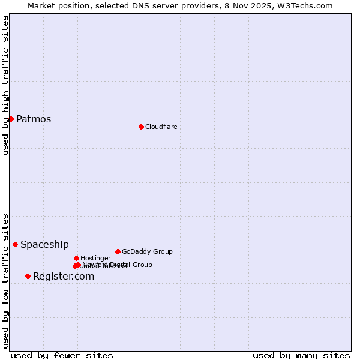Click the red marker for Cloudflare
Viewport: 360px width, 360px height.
tap(141, 127)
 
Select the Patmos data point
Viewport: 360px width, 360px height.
tap(11, 119)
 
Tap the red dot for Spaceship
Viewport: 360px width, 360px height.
tap(15, 244)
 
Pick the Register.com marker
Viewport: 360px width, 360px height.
tap(28, 276)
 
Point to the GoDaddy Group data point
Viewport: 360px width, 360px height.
tap(118, 251)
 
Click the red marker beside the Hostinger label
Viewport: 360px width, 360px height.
tap(76, 258)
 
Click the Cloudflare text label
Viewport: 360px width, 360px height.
tap(161, 127)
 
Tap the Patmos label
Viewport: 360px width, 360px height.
tap(34, 119)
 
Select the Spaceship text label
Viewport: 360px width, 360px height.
tap(44, 244)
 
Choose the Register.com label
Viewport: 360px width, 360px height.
tap(64, 276)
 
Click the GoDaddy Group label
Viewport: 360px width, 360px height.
tap(147, 251)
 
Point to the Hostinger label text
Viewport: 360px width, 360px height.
tap(95, 258)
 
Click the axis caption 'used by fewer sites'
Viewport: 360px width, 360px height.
tap(62, 355)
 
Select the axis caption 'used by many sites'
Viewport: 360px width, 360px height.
tap(301, 355)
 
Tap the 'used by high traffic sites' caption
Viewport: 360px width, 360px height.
tap(5, 85)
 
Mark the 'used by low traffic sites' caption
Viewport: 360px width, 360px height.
tap(5, 280)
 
